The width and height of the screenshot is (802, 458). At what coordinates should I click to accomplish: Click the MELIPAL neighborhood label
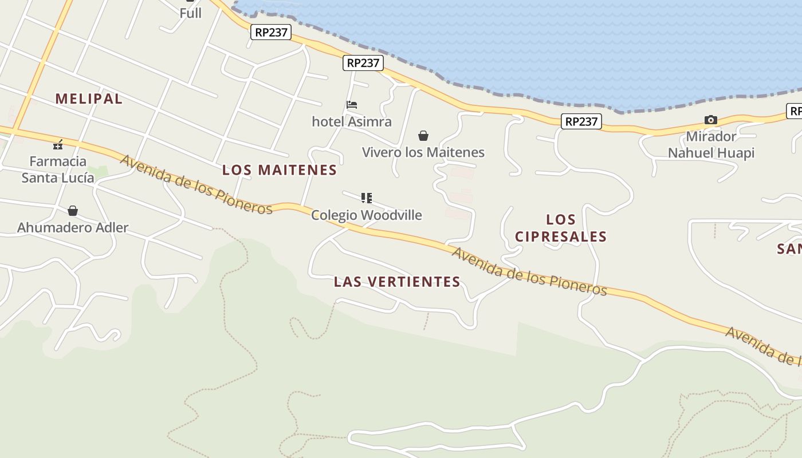tap(89, 98)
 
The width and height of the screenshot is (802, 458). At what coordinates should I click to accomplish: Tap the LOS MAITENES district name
tap(280, 170)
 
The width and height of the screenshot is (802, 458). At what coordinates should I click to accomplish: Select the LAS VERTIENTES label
tap(397, 282)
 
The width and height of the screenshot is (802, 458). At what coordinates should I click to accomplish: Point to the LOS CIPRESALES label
tap(561, 228)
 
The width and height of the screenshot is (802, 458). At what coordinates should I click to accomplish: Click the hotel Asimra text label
tap(352, 121)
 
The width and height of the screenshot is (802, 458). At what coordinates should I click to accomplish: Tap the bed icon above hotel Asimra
tap(352, 105)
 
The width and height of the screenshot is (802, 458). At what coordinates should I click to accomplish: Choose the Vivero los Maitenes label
tap(423, 152)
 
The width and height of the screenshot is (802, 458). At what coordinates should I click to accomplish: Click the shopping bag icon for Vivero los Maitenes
tap(423, 136)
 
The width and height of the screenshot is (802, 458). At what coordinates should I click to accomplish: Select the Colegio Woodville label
tap(367, 215)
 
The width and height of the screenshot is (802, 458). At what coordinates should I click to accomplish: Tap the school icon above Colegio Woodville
tap(367, 198)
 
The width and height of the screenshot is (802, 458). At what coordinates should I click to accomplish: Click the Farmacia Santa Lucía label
tap(58, 169)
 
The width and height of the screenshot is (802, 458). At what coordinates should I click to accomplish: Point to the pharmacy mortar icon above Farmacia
tap(58, 144)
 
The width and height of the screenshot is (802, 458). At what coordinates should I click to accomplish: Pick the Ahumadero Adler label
tap(73, 227)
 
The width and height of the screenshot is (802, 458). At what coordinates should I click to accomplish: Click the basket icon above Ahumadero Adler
tap(73, 211)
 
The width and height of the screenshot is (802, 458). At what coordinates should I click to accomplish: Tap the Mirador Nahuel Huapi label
tap(711, 145)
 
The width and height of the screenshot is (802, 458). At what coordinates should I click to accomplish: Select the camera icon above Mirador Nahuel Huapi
tap(711, 120)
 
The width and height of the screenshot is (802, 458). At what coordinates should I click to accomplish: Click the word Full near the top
tap(190, 13)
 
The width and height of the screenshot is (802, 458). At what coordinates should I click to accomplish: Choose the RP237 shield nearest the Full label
tap(271, 32)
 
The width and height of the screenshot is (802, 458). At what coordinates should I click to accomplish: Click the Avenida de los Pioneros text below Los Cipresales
tap(529, 272)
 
